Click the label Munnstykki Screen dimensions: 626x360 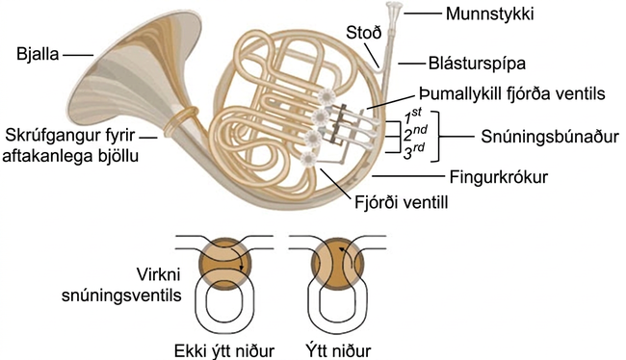489,14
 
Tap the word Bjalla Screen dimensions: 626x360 38,54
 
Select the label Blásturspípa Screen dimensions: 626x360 477,64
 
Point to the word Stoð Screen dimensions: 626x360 364,33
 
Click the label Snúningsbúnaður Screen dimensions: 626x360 549,137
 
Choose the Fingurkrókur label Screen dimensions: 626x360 499,177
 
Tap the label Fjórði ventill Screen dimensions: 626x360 402,202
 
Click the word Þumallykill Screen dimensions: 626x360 456,93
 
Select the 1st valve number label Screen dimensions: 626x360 412,116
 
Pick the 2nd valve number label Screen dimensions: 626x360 415,134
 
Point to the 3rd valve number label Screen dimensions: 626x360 413,151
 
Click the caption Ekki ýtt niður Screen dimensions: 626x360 224,350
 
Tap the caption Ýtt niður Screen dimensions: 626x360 338,350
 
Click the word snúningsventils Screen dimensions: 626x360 121,296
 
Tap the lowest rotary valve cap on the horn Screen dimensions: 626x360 308,159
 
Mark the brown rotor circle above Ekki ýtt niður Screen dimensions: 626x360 225,263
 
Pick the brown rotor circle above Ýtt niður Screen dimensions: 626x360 337,263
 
